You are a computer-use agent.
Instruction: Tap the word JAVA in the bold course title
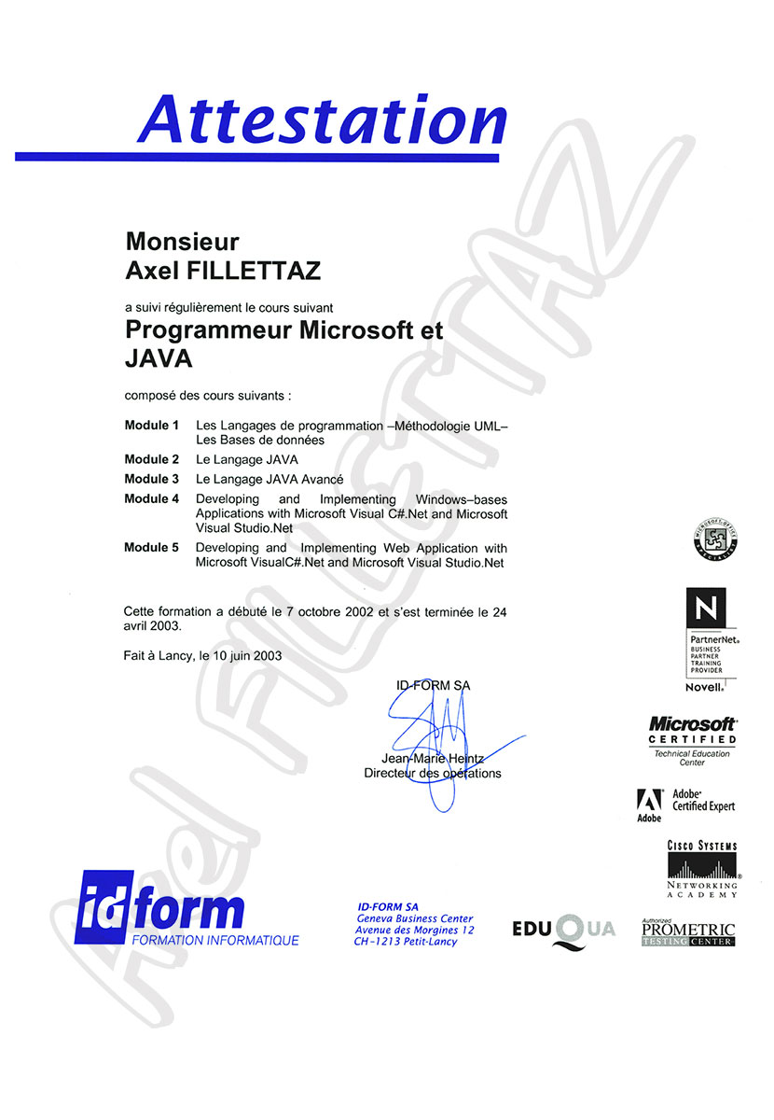pyautogui.click(x=159, y=357)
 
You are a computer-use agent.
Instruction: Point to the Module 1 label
pyautogui.click(x=151, y=426)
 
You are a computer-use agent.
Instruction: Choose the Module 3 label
pyautogui.click(x=151, y=479)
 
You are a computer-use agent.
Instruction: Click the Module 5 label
pyautogui.click(x=151, y=548)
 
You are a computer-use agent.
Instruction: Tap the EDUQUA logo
pyautogui.click(x=563, y=931)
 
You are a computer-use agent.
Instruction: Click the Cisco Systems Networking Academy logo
pyautogui.click(x=702, y=869)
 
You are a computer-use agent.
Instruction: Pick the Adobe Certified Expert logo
pyautogui.click(x=685, y=805)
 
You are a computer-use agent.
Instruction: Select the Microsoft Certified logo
pyautogui.click(x=692, y=739)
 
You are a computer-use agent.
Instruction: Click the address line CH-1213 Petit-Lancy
pyautogui.click(x=406, y=943)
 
